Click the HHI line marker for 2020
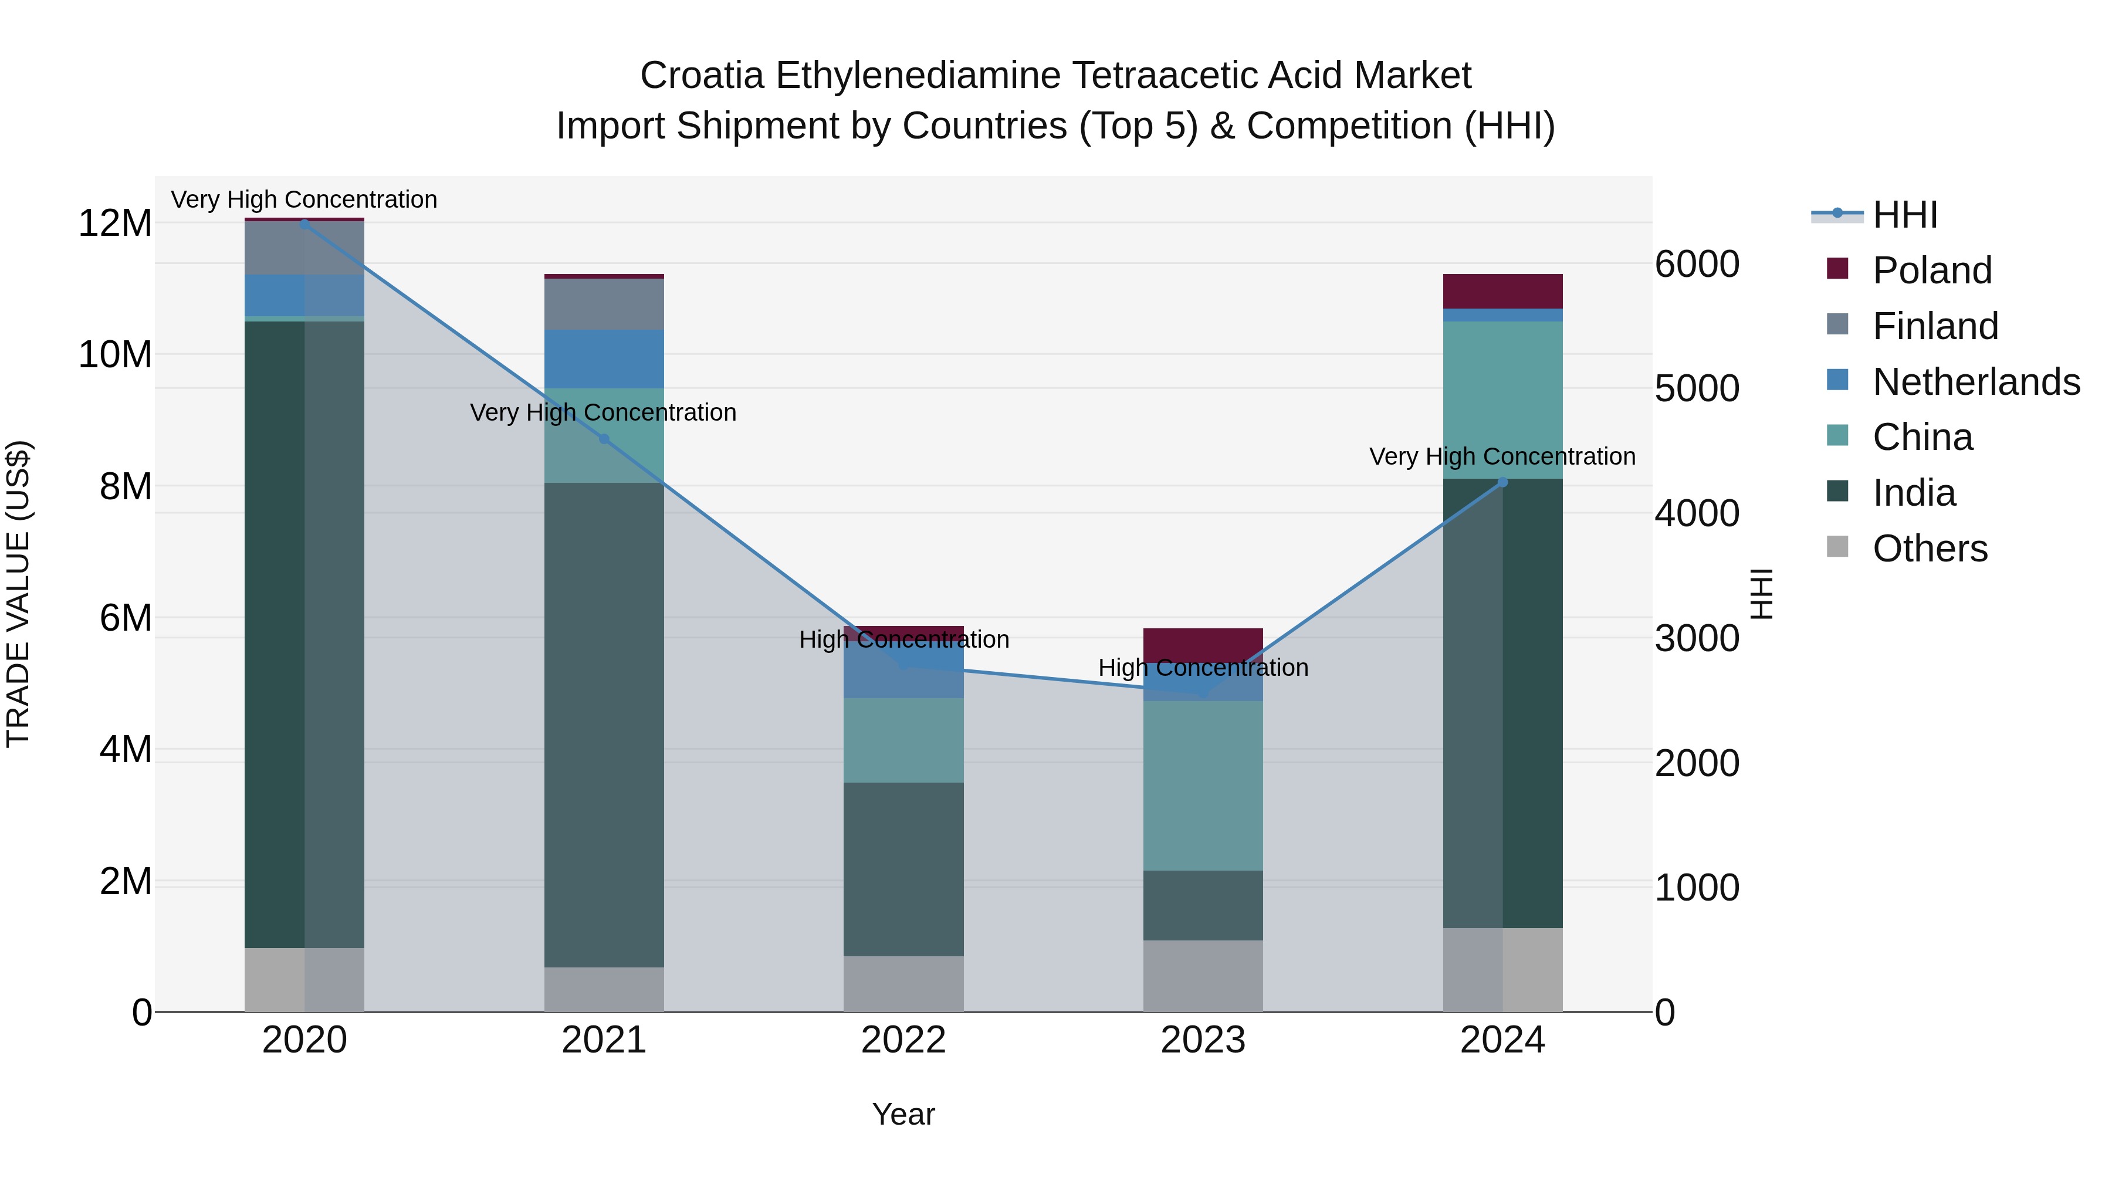(x=304, y=224)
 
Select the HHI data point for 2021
(x=604, y=439)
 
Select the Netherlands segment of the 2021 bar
(x=604, y=358)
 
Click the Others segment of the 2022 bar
(x=903, y=983)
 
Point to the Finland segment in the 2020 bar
(x=304, y=248)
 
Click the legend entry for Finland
(x=1935, y=326)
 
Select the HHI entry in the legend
(x=1904, y=215)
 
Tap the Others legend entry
(x=1929, y=549)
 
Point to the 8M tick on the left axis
(x=126, y=486)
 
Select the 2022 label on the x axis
(x=903, y=1040)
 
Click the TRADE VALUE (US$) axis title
(x=18, y=594)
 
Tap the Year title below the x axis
(x=903, y=1114)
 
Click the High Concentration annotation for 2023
(x=1203, y=668)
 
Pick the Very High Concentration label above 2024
(x=1502, y=456)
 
